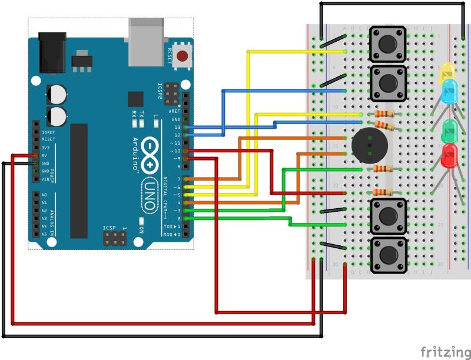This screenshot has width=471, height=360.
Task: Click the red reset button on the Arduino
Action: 183,57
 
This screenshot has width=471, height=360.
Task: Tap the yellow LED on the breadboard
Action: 448,73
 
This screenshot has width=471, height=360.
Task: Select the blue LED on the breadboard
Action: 449,91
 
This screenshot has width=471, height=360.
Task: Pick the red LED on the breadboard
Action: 449,155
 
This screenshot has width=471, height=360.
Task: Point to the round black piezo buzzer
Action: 369,144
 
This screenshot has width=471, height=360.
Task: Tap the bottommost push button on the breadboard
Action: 387,255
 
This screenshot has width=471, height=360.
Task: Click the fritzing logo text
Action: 445,351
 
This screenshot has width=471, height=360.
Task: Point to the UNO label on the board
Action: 150,196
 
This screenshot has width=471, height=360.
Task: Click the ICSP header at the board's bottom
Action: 114,238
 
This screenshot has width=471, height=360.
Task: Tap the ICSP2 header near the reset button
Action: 171,92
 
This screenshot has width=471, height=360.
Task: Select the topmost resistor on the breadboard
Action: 383,114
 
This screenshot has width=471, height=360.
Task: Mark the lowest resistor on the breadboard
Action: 383,192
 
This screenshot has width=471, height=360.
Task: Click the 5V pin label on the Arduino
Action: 28,156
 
